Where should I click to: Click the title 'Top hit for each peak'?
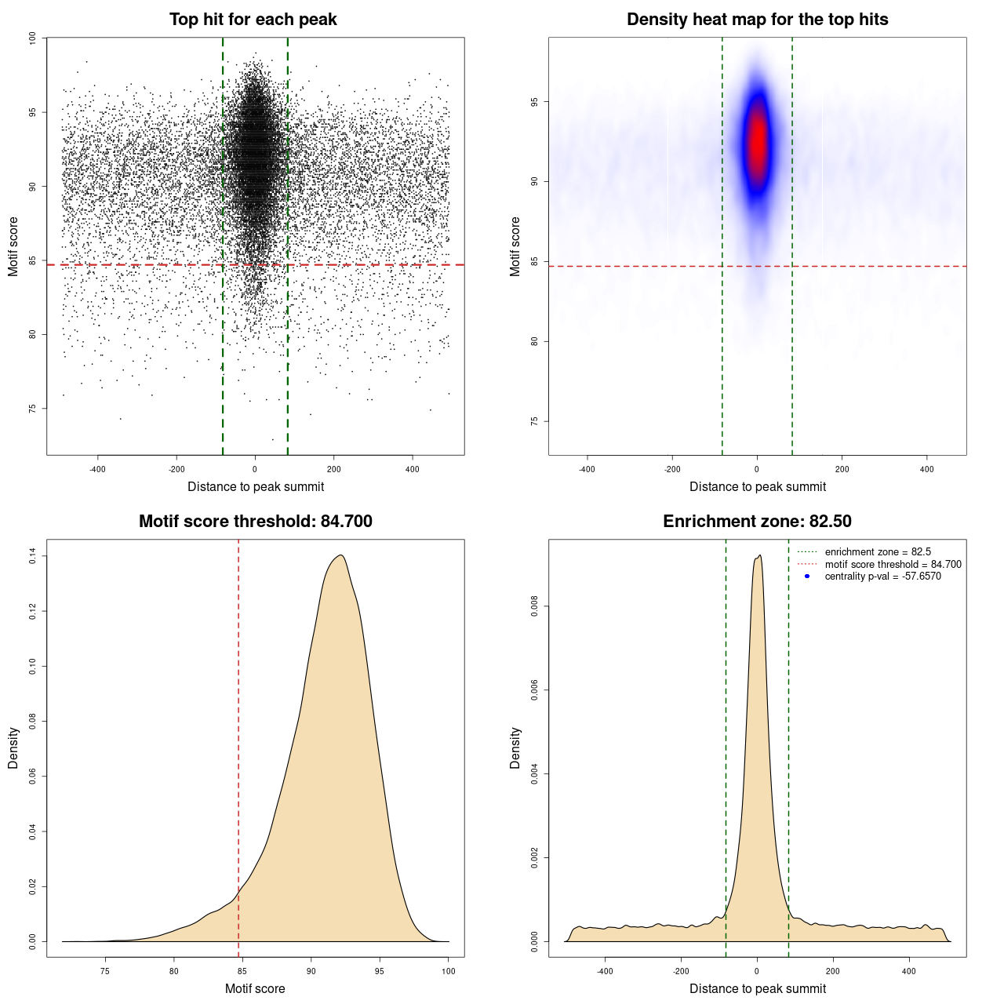(x=253, y=20)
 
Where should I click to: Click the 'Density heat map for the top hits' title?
(x=757, y=20)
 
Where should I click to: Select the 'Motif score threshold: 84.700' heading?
(x=255, y=522)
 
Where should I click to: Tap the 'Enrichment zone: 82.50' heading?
(x=757, y=522)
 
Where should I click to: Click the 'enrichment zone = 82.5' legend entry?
(x=878, y=552)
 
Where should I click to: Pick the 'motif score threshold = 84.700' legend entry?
(x=893, y=565)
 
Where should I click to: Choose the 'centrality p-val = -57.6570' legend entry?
(x=882, y=577)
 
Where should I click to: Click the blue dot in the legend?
(x=807, y=577)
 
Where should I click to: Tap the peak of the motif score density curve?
(x=340, y=555)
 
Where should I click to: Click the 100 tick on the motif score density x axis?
(x=449, y=971)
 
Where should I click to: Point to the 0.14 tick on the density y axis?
(x=32, y=556)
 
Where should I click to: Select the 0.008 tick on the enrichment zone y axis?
(x=534, y=606)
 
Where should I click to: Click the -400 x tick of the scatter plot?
(x=97, y=469)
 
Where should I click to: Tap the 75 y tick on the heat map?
(x=534, y=421)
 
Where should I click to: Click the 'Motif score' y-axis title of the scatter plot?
(x=13, y=246)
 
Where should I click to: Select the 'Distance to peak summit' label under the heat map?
(x=758, y=487)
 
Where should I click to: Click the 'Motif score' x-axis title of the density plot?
(x=255, y=989)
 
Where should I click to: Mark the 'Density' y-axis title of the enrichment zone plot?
(x=515, y=748)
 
